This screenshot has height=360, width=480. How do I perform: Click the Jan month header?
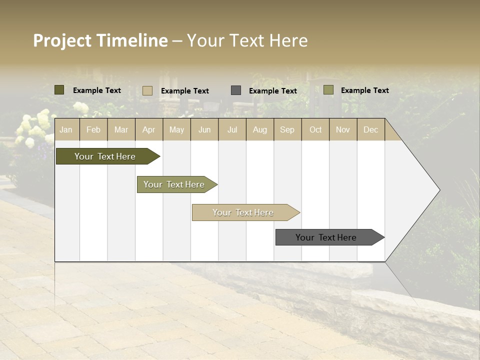(x=66, y=129)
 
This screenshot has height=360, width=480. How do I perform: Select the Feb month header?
(x=93, y=129)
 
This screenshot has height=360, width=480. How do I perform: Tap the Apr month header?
(x=148, y=129)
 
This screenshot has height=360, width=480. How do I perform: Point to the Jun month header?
(x=204, y=129)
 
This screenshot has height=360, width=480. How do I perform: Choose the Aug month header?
(x=259, y=129)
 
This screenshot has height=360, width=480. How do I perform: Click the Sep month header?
(x=287, y=129)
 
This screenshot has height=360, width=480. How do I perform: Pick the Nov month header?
(x=342, y=129)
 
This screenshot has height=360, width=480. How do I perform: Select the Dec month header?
(x=370, y=129)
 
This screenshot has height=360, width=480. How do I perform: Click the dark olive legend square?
(x=59, y=90)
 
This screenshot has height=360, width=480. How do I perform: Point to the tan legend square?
(x=147, y=90)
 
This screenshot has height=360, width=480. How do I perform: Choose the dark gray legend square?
(x=236, y=90)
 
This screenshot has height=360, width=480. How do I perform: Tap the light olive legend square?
(x=328, y=90)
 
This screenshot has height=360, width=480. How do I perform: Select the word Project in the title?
(x=62, y=40)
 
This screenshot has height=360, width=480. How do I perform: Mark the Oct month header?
(x=315, y=129)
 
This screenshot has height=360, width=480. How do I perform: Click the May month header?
(x=176, y=129)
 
